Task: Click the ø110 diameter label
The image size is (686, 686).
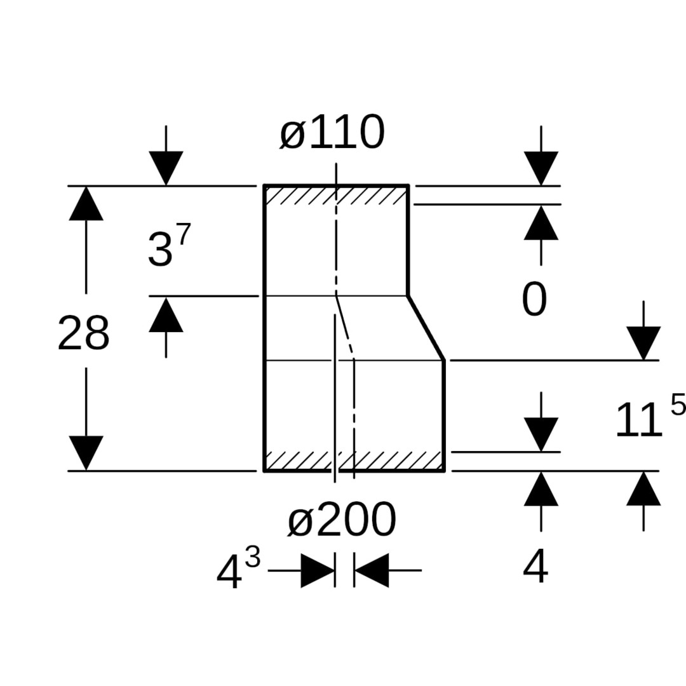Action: tap(332, 133)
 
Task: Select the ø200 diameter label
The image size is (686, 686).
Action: tap(342, 520)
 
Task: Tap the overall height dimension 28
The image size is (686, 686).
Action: tap(83, 333)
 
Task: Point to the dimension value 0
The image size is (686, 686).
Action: tap(534, 300)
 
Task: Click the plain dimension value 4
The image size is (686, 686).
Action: tap(535, 567)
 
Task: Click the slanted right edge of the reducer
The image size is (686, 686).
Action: tap(426, 328)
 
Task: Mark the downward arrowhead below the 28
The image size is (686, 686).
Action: tap(86, 453)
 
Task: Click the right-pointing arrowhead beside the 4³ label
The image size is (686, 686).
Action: tap(318, 570)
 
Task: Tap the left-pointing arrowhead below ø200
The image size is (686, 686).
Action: tap(371, 570)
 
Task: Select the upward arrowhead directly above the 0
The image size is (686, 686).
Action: tap(541, 222)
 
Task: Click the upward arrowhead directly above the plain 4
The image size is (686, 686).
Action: tap(541, 488)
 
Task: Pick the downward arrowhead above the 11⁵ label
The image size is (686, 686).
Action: tap(643, 343)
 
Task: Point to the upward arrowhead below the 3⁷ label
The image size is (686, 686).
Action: tap(166, 314)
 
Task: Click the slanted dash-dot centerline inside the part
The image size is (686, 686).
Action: tap(344, 324)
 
